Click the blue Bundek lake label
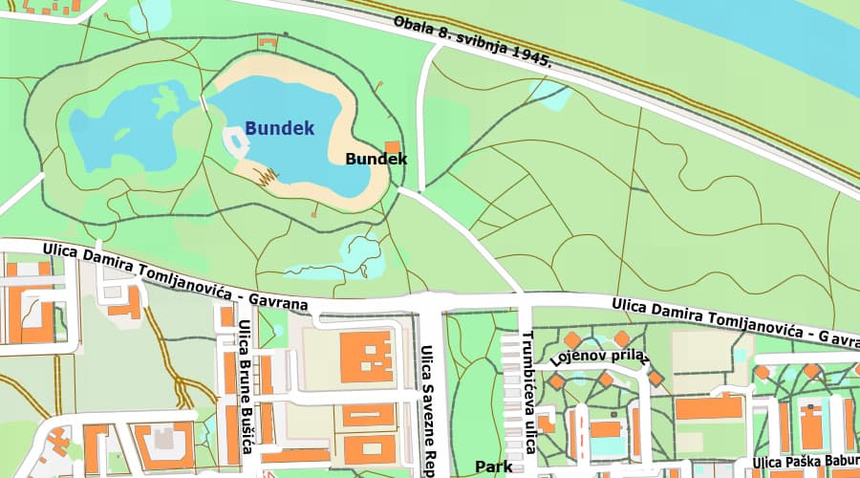[x=279, y=127]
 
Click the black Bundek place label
[x=376, y=159]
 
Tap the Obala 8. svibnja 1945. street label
[x=475, y=43]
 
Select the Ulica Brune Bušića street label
[x=246, y=386]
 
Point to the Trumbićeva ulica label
[x=527, y=392]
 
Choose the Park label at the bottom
[x=494, y=467]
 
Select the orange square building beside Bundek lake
[x=392, y=147]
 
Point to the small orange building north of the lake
[x=268, y=42]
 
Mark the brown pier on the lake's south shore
[x=267, y=177]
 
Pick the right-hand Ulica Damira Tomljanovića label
[x=736, y=321]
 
